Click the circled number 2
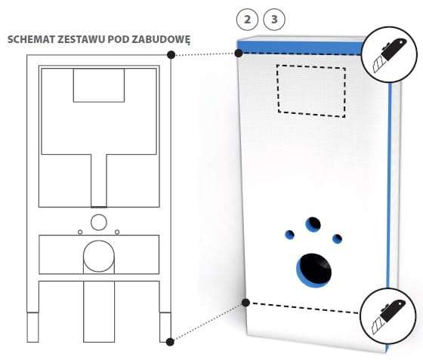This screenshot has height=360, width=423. pyautogui.click(x=247, y=20)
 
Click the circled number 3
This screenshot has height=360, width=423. pyautogui.click(x=274, y=20)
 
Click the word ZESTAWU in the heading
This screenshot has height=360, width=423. pyautogui.click(x=82, y=39)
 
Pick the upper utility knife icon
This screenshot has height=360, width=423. pyautogui.click(x=389, y=54)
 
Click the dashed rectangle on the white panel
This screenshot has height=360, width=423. pyautogui.click(x=277, y=89)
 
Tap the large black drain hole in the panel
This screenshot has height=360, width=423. pyautogui.click(x=314, y=269)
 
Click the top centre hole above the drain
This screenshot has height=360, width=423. pyautogui.click(x=313, y=224)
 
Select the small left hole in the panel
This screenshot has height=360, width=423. pyautogui.click(x=289, y=235)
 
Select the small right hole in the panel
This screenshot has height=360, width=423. pyautogui.click(x=337, y=238)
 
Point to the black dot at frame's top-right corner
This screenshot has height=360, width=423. pyautogui.click(x=171, y=54)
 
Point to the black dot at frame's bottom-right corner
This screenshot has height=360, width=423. pyautogui.click(x=170, y=342)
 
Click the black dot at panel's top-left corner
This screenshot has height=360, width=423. pyautogui.click(x=239, y=53)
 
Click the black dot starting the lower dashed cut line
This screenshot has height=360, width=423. pyautogui.click(x=245, y=303)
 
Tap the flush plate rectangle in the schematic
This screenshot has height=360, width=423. pyautogui.click(x=99, y=85)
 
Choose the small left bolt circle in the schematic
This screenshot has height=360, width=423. pyautogui.click(x=80, y=232)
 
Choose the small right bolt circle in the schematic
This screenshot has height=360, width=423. pyautogui.click(x=117, y=232)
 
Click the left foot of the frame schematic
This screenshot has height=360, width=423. pyautogui.click(x=33, y=327)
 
